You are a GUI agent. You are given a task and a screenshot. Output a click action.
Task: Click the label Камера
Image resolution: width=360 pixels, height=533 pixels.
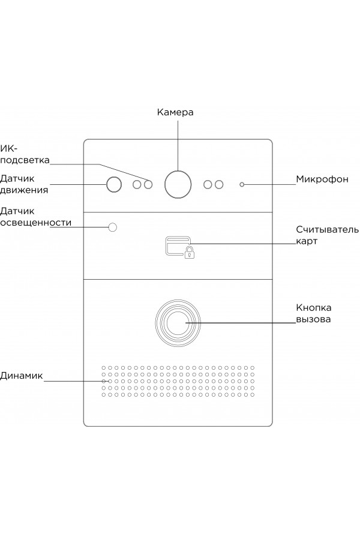coord(175,112)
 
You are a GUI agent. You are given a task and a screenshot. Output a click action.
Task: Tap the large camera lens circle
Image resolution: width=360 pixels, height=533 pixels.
coord(178,184)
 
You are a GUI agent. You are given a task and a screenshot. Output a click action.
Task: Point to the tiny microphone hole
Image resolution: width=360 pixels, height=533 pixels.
coord(242,184)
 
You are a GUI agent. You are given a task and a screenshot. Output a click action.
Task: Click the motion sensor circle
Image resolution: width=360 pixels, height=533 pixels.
coord(114,184)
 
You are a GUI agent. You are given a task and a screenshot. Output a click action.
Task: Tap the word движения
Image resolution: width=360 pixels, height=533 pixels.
coord(24,190)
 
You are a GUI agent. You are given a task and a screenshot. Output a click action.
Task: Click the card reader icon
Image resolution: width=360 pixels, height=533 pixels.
coord(178,248)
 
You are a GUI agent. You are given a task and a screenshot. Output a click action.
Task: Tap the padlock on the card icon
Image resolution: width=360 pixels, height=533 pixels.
coord(189,253)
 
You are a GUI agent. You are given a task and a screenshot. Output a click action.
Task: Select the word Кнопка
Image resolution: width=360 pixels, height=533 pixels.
coord(313,308)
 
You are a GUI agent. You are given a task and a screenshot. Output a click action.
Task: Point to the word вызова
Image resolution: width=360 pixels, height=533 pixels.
coord(313,319)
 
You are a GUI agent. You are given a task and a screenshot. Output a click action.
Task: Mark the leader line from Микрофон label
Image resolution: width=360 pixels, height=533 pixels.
coord(270,184)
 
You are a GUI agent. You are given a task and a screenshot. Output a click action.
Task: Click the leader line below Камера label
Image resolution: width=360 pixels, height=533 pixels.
coord(178,144)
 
